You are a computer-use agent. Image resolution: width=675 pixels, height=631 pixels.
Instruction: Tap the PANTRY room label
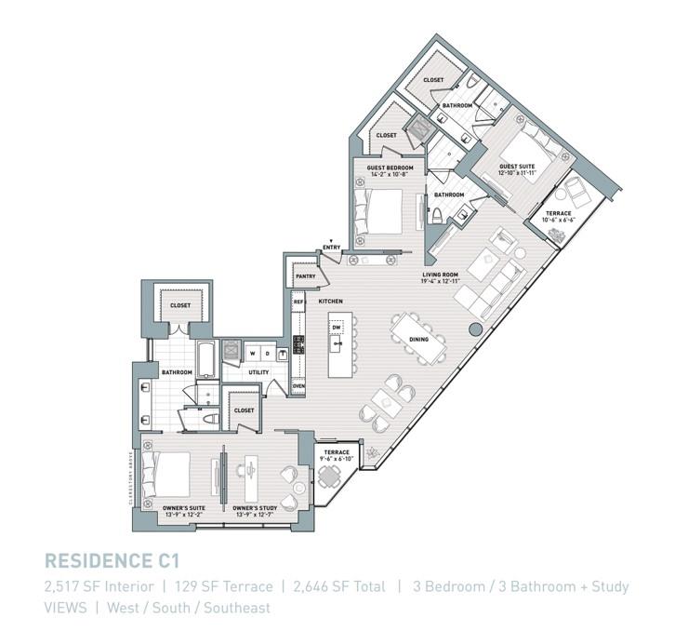click(x=304, y=276)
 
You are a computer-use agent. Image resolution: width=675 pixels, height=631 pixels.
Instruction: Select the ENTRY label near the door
click(x=331, y=247)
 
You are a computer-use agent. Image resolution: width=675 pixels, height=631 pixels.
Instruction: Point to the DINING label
click(x=418, y=340)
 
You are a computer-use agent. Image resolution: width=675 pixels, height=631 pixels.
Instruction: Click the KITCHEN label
click(x=331, y=302)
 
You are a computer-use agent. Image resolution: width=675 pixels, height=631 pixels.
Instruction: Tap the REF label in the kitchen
click(x=298, y=302)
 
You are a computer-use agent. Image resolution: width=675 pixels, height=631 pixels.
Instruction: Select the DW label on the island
click(x=337, y=328)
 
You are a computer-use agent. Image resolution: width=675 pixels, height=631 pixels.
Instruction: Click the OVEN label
click(x=298, y=385)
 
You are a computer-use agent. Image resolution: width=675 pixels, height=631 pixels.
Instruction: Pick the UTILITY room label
click(x=258, y=372)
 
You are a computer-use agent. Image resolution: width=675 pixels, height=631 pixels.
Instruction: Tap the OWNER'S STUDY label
click(x=256, y=507)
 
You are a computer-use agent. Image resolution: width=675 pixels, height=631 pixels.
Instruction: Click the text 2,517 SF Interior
click(x=99, y=586)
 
